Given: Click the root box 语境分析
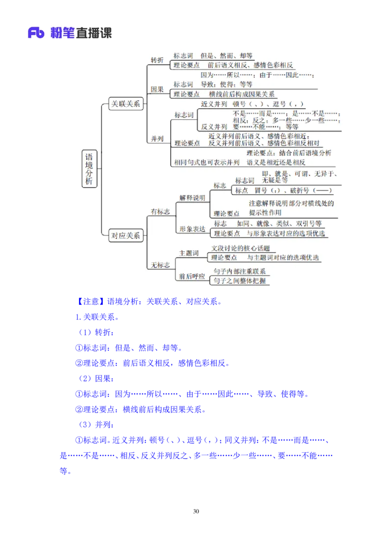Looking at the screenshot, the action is pos(89,169).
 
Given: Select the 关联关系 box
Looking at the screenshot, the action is pos(126,104).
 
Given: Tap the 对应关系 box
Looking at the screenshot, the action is pos(126,235).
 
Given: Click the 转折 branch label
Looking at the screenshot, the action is pos(157,60).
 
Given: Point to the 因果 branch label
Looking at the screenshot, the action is pos(157,89).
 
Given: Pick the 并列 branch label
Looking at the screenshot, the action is pos(157,138).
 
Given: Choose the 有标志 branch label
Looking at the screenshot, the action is pos(160,211).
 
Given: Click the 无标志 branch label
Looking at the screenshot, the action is pos(160,265).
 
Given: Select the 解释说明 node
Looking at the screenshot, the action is pos(193,198).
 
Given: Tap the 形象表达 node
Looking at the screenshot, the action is pos(193,229).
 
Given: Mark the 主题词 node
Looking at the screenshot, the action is pos(189,253).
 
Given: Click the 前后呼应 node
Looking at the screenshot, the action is pos(193,276).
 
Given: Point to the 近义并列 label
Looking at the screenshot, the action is pos(214,104).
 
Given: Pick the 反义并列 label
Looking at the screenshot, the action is pos(214,126).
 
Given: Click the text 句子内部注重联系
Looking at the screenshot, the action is pos(240,271).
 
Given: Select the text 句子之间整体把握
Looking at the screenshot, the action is pos(240,280).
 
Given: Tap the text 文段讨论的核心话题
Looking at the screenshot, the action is pos(240,249).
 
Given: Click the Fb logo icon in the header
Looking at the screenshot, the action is pos(36,33).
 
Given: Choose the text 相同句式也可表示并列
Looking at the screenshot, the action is pos(207,162).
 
